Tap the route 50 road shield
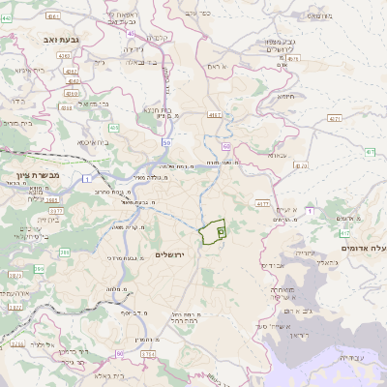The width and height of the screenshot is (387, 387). tap(167, 142)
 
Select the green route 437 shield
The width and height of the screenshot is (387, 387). tap(371, 152)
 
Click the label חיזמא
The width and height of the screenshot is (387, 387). tap(283, 96)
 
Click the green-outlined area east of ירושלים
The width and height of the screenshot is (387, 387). tap(213, 232)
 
